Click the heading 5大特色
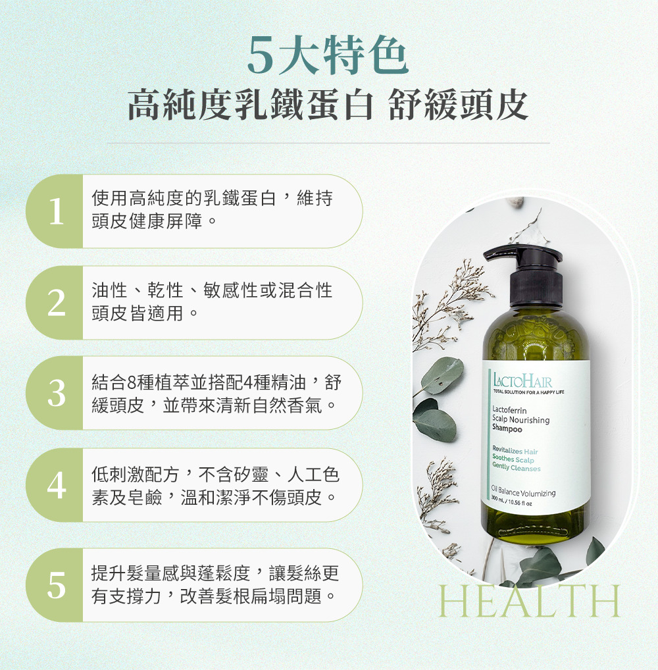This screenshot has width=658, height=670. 328,55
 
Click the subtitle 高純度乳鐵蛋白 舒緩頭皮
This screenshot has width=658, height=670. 328,105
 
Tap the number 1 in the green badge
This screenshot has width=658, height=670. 56,211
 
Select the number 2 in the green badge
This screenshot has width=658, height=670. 57,303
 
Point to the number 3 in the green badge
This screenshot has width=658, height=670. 57,393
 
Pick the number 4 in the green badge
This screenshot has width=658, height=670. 57,486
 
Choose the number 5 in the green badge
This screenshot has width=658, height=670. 57,585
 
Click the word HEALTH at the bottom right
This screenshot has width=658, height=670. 530,601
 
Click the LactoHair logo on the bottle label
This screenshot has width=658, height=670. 522,380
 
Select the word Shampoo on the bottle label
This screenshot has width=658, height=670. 507,428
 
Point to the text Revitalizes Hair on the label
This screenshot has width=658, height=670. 515,450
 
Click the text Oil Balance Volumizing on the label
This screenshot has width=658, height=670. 523,491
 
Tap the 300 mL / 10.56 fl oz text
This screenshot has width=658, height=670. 511,501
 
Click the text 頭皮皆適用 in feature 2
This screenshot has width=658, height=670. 138,314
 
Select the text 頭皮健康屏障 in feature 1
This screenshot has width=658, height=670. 147,221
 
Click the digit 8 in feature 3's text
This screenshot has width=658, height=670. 132,382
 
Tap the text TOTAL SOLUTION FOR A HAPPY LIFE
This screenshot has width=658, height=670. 528,392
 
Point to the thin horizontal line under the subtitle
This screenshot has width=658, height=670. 328,143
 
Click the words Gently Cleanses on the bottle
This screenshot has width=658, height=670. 516,467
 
